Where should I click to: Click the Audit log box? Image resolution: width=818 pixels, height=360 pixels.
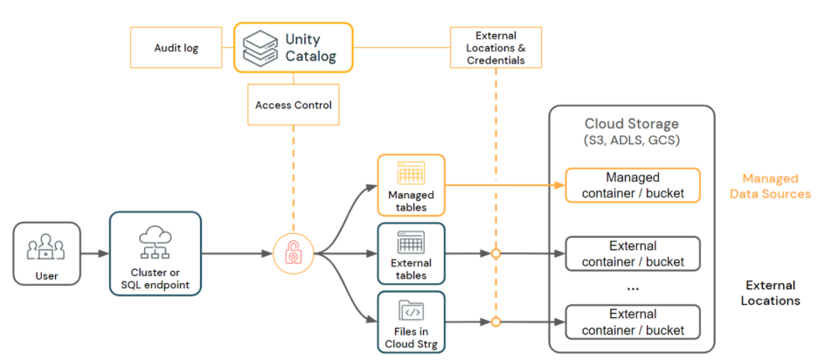177,47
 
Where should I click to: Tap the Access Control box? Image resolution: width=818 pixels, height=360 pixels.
293,105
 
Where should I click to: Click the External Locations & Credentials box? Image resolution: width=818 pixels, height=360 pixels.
495,47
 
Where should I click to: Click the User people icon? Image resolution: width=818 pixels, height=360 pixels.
46,246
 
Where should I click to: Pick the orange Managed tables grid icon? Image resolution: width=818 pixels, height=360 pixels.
411,175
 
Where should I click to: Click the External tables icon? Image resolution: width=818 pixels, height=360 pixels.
411,242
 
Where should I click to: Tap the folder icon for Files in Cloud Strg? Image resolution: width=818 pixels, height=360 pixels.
411,310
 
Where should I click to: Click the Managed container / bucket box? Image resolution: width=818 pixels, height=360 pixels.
633,185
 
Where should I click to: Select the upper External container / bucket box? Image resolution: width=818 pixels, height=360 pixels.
633,253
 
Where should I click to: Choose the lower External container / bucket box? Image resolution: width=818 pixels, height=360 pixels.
633,322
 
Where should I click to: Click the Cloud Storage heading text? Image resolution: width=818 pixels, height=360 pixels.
631,124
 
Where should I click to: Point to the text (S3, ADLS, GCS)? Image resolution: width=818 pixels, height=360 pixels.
631,141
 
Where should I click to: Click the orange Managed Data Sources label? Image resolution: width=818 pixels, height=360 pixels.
770,185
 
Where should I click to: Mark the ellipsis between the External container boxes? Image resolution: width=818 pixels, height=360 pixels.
633,287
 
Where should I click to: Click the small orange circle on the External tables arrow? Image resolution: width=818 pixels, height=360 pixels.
496,254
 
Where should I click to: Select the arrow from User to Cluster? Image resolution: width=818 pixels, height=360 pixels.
94,253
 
